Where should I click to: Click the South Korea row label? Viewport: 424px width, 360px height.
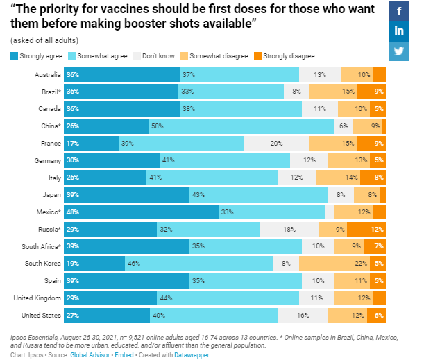(x=43, y=263)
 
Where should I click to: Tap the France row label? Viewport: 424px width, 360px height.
(x=49, y=143)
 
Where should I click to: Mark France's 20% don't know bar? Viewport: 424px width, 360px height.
(x=276, y=143)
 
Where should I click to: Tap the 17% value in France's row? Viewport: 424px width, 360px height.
(x=72, y=143)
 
